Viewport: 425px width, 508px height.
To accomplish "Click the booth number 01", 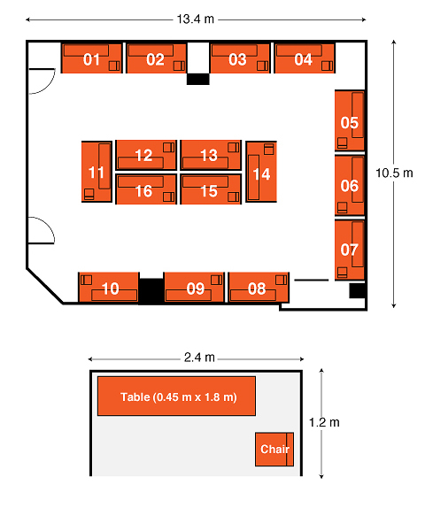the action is pyautogui.click(x=91, y=59).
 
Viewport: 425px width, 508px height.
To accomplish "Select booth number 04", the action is pyautogui.click(x=304, y=59).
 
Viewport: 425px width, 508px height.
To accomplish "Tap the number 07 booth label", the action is pyautogui.click(x=349, y=250).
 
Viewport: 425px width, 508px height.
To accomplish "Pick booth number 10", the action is pyautogui.click(x=110, y=289).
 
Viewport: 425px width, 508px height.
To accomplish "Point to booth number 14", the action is pyautogui.click(x=261, y=174).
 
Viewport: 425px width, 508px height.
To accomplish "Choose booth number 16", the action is pyautogui.click(x=143, y=191).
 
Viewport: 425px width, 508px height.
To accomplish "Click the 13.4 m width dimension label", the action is pyautogui.click(x=196, y=19).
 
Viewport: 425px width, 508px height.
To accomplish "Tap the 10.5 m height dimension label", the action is pyautogui.click(x=394, y=173).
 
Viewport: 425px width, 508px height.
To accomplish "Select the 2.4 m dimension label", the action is pyautogui.click(x=199, y=358).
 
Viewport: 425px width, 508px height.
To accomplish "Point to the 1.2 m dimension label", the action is pyautogui.click(x=324, y=422).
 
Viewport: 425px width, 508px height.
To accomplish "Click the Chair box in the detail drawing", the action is pyautogui.click(x=274, y=449).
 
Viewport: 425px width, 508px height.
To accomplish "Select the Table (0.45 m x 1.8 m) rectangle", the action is pyautogui.click(x=176, y=396).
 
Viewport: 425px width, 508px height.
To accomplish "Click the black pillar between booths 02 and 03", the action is pyautogui.click(x=197, y=79).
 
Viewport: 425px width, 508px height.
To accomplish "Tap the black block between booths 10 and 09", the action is pyautogui.click(x=151, y=291).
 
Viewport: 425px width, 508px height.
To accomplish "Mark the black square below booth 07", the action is pyautogui.click(x=357, y=290).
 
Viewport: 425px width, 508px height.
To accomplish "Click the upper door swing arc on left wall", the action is pyautogui.click(x=50, y=85).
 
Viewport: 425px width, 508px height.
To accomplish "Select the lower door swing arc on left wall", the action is pyautogui.click(x=49, y=227).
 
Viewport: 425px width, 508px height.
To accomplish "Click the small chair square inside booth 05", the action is pyautogui.click(x=342, y=142).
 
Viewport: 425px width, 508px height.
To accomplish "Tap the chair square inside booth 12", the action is pyautogui.click(x=168, y=148).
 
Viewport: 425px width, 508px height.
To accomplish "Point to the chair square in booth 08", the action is pyautogui.click(x=281, y=280).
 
